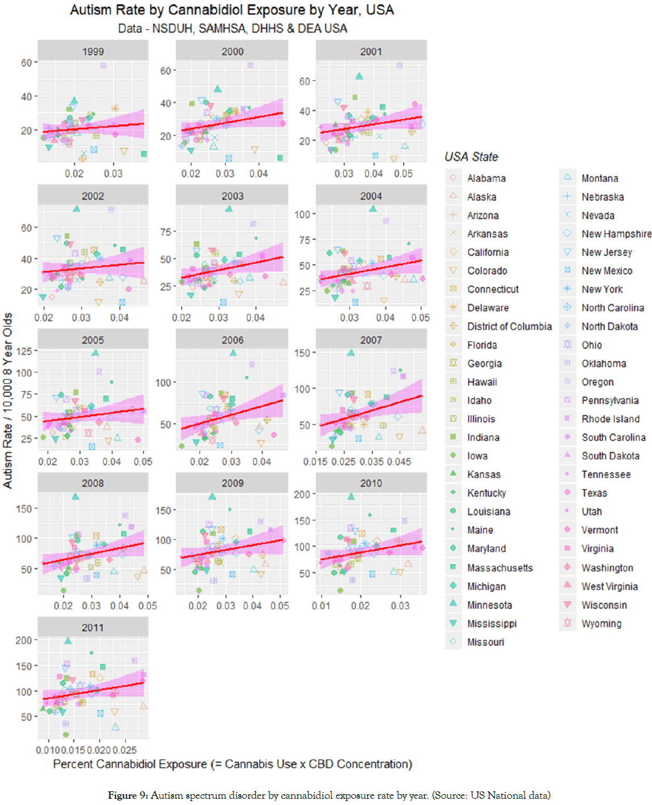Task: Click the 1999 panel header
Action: pyautogui.click(x=93, y=51)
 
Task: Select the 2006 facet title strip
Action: pyautogui.click(x=232, y=340)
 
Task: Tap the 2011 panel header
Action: pyautogui.click(x=93, y=628)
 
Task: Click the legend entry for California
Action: pyautogui.click(x=488, y=252)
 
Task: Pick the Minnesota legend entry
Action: pyautogui.click(x=489, y=605)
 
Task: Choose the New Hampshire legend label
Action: pyautogui.click(x=616, y=234)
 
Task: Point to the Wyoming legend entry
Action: pyautogui.click(x=601, y=624)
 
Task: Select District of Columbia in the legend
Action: pyautogui.click(x=509, y=326)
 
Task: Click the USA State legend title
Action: pyautogui.click(x=471, y=157)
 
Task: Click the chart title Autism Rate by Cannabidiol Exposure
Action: pyautogui.click(x=232, y=10)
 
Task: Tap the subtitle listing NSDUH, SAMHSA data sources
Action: pyautogui.click(x=232, y=28)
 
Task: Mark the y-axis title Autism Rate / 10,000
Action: pyautogui.click(x=7, y=400)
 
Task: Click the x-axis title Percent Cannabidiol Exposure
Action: pyautogui.click(x=232, y=764)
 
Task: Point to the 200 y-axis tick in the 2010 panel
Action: pyautogui.click(x=302, y=495)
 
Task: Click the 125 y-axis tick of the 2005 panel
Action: pyautogui.click(x=24, y=351)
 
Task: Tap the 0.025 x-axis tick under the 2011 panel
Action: pyautogui.click(x=124, y=750)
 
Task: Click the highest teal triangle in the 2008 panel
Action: pyautogui.click(x=76, y=496)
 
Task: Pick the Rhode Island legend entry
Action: pyautogui.click(x=610, y=419)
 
